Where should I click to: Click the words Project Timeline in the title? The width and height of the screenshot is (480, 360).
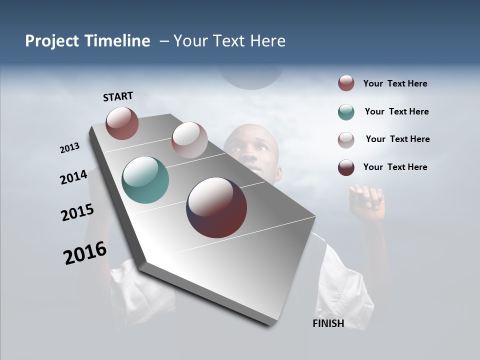click(x=87, y=41)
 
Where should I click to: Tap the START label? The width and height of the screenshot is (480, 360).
click(x=118, y=96)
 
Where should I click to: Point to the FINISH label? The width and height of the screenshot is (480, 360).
click(x=328, y=323)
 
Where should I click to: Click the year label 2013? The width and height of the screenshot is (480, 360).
click(x=70, y=148)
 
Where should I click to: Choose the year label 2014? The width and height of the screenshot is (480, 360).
click(x=73, y=177)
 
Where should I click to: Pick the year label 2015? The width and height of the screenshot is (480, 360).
click(x=77, y=212)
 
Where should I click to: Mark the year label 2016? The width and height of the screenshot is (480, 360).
click(x=85, y=253)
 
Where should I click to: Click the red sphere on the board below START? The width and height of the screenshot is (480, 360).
click(x=122, y=123)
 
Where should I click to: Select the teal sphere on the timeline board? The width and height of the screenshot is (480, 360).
click(x=145, y=180)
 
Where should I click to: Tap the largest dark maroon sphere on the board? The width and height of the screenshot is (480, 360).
click(x=216, y=207)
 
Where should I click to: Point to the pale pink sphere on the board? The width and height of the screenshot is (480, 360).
click(x=189, y=139)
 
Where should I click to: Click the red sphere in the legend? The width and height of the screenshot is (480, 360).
click(x=346, y=83)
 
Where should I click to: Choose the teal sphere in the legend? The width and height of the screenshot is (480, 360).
click(x=346, y=112)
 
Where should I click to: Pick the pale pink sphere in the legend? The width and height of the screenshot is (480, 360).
click(x=346, y=140)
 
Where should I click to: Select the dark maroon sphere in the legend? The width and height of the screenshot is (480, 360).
click(x=346, y=167)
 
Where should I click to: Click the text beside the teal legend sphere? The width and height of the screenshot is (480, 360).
click(x=396, y=111)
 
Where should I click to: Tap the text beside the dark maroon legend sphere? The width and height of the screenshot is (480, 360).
click(x=395, y=167)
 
